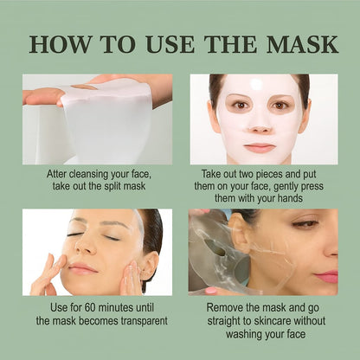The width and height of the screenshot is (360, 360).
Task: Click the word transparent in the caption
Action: click(137, 321)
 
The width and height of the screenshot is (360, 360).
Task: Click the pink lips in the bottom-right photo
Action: click(327, 275)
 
